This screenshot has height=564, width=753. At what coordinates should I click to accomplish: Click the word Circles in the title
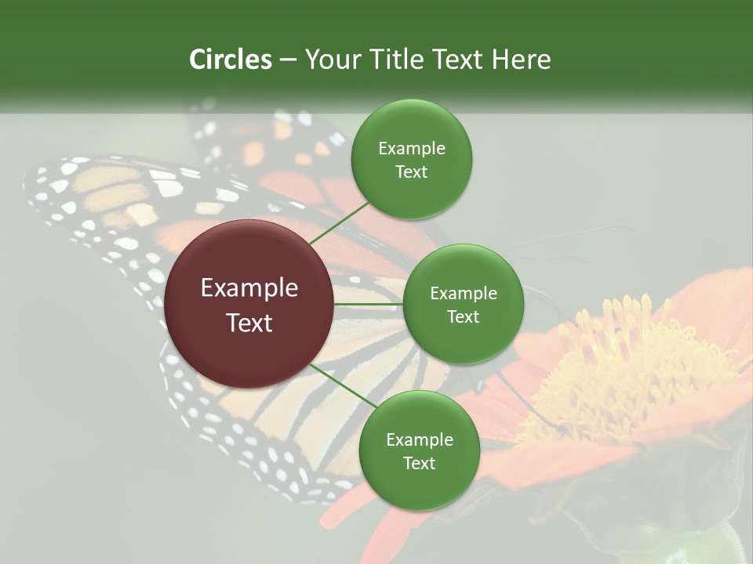click(230, 60)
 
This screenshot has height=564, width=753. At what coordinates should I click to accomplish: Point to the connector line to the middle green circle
click(369, 304)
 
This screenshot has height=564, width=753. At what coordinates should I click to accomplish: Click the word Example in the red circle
click(249, 288)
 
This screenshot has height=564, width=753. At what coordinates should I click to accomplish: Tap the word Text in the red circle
click(249, 323)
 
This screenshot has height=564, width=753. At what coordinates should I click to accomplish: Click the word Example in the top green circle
click(411, 148)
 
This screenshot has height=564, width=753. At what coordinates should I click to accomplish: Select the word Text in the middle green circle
click(463, 316)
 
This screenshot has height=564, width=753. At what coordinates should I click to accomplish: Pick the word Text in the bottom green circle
click(419, 463)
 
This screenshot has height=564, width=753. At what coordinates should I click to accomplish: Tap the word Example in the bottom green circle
click(419, 439)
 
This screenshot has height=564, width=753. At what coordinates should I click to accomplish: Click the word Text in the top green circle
click(411, 172)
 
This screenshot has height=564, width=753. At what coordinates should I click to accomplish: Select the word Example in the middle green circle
click(463, 293)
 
